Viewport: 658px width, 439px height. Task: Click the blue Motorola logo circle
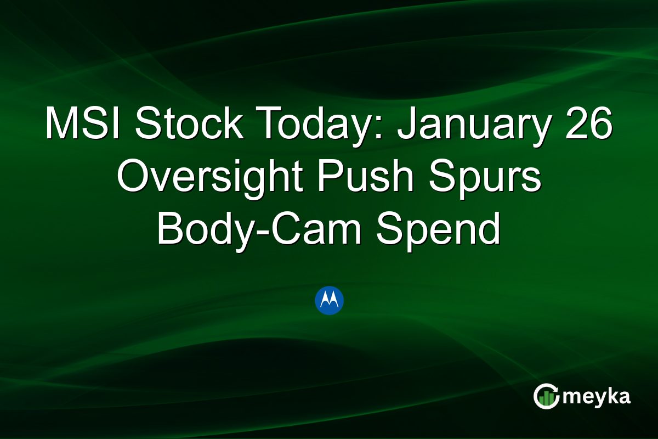(330, 300)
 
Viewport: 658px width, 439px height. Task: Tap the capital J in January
(406, 124)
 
